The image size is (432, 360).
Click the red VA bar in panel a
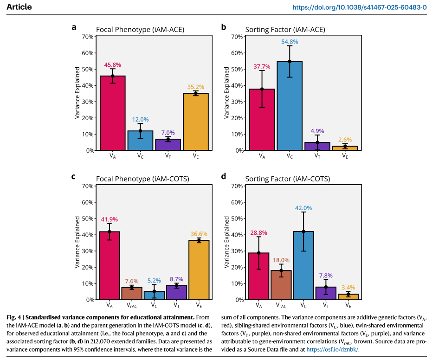click(112, 114)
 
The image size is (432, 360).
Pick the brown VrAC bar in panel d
click(281, 285)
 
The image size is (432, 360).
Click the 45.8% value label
click(112, 65)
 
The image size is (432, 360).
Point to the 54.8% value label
click(290, 42)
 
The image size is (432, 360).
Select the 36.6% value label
click(199, 234)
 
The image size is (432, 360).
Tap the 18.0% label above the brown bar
click(281, 260)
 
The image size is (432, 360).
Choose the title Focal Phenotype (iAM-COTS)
click(140, 179)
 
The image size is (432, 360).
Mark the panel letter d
click(224, 177)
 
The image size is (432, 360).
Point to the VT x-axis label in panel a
click(168, 156)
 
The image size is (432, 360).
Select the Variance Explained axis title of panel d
click(227, 243)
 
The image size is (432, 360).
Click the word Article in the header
click(17, 7)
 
